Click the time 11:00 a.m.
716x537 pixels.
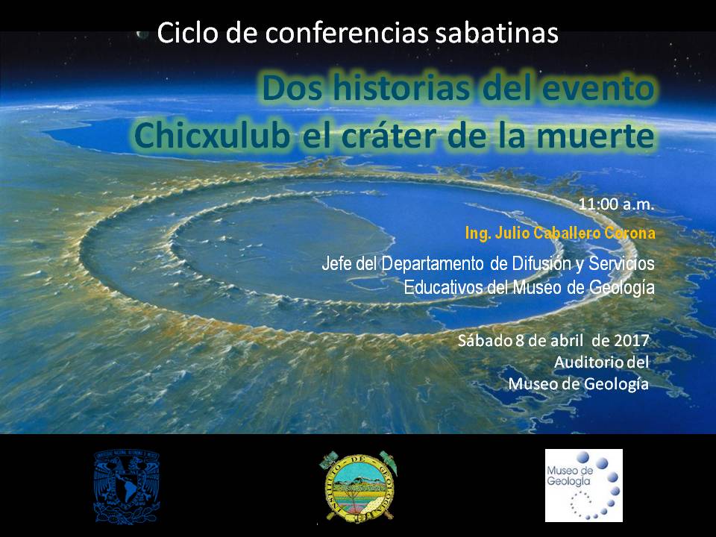point(616,204)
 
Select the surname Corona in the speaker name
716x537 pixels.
point(629,233)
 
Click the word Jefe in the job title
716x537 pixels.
point(337,263)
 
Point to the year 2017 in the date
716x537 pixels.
point(632,340)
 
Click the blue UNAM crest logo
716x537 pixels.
point(127,486)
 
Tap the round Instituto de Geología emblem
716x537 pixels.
point(358,486)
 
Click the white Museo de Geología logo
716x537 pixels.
point(583,485)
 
